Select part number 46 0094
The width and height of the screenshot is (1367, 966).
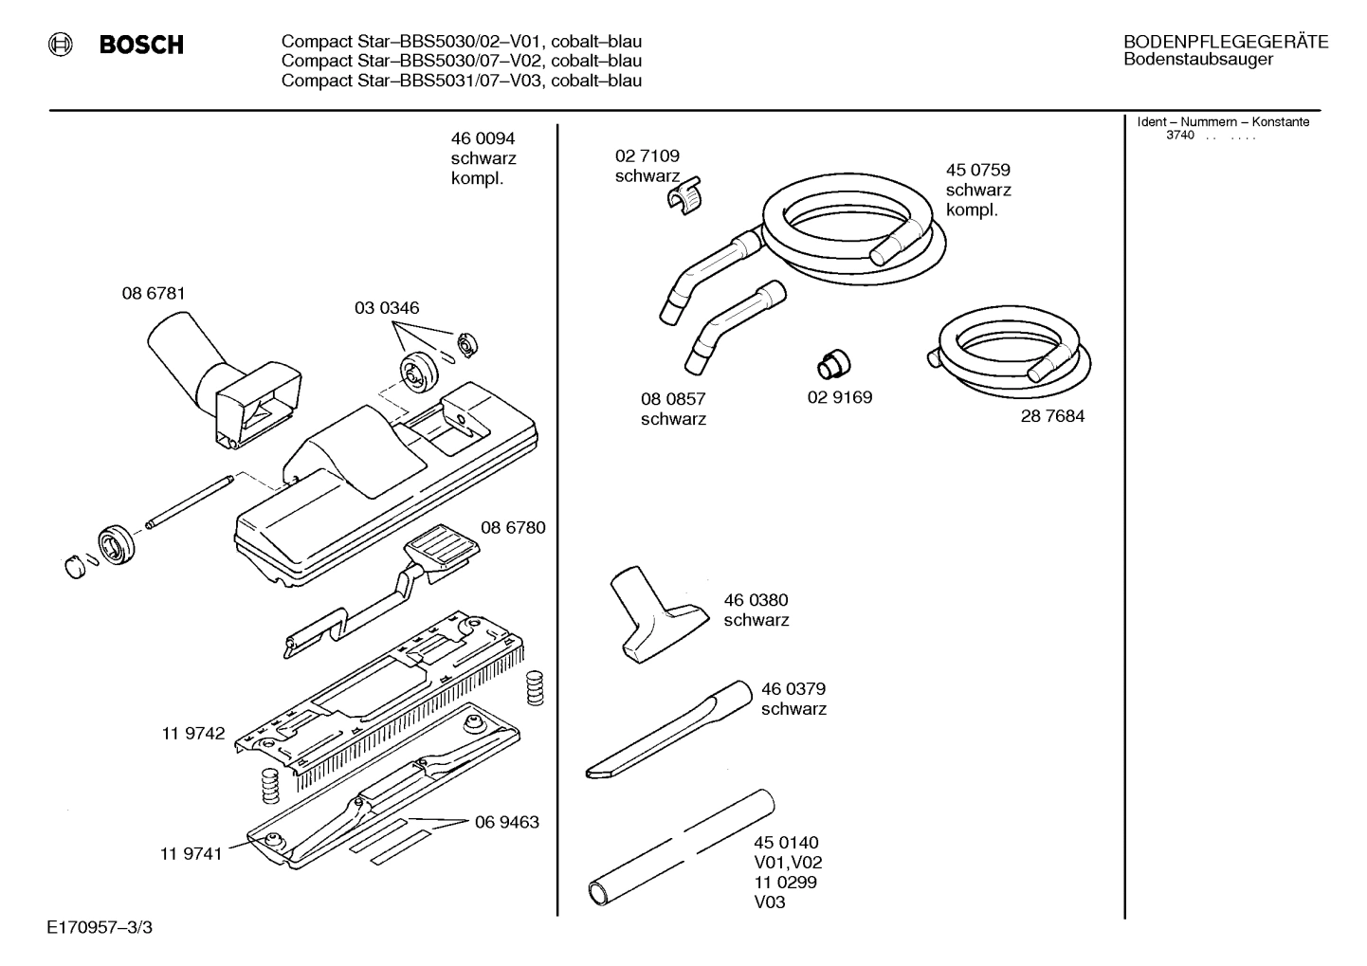[x=483, y=138]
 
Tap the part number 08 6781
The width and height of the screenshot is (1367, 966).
[x=154, y=294]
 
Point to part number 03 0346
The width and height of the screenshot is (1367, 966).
[x=387, y=308]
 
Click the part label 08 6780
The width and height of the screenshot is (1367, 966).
[x=513, y=527]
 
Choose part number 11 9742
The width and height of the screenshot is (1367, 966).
[x=193, y=733]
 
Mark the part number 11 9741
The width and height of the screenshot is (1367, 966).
[x=191, y=853]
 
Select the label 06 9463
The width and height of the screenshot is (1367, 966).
[x=506, y=822]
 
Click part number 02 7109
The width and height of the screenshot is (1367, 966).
[x=647, y=155]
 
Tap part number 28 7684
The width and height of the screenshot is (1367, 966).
[x=1052, y=416]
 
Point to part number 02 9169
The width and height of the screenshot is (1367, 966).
[x=840, y=397]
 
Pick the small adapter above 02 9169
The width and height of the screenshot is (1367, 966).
[x=832, y=362]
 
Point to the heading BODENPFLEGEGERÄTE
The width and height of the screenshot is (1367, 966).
[x=1225, y=42]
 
